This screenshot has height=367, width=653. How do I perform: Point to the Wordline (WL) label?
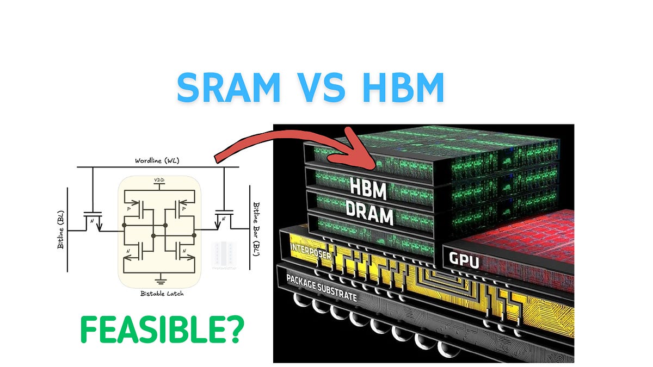[x=158, y=161]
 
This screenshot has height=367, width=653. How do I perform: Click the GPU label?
[x=464, y=262]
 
